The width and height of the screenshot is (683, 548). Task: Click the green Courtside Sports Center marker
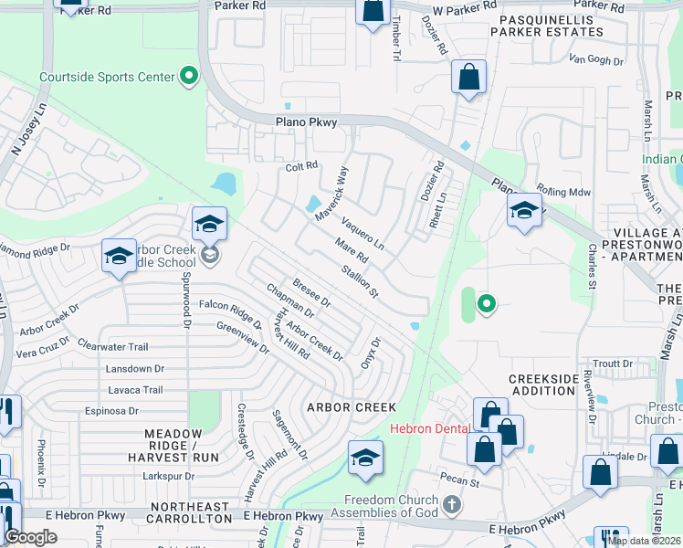(x=190, y=76)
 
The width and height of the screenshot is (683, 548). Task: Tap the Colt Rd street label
(x=300, y=166)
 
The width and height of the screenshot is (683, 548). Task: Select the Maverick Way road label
(x=331, y=194)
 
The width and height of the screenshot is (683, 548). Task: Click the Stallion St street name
(x=359, y=280)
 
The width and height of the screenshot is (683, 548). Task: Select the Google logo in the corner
(x=30, y=538)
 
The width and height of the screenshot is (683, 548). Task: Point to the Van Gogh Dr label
(x=595, y=60)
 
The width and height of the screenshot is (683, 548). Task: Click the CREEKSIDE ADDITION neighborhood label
(x=543, y=384)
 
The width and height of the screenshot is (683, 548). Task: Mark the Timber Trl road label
(x=395, y=45)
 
